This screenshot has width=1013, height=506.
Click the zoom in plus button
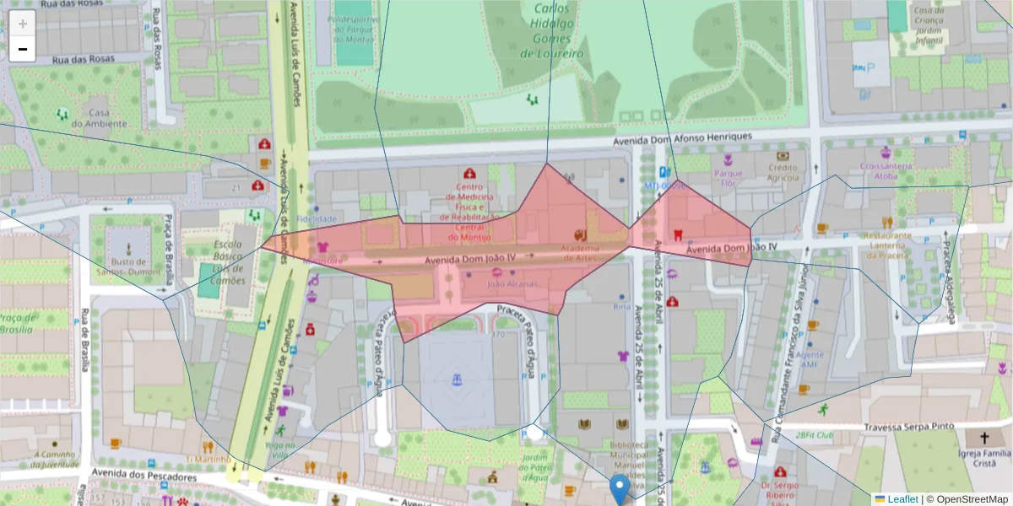[23, 23]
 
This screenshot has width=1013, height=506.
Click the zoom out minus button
[23, 49]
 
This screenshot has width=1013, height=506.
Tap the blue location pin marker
[620, 488]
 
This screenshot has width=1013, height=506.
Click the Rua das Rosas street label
[83, 60]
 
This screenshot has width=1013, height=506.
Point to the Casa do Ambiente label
[99, 118]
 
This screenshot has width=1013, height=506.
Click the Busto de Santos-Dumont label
[128, 266]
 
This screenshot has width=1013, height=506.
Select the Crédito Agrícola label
[783, 172]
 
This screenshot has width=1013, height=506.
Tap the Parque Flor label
[727, 178]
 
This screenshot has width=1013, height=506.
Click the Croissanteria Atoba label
[885, 171]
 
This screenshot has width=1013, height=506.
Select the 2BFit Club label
[814, 436]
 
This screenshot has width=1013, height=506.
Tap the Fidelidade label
[316, 218]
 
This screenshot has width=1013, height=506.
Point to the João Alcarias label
[512, 284]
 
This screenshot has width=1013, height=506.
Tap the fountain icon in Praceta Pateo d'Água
[457, 380]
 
